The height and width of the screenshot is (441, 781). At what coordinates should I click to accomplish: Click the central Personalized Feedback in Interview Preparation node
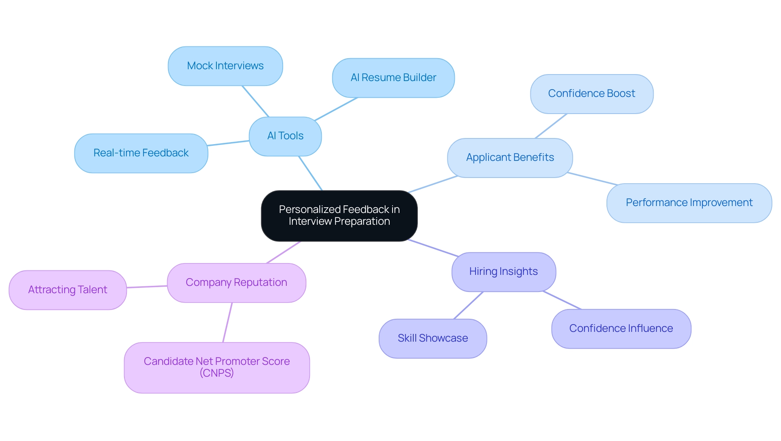339,215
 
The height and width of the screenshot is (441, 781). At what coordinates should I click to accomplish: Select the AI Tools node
285,136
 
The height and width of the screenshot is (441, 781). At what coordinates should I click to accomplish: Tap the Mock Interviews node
225,66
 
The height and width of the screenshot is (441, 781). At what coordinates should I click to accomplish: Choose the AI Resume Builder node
393,78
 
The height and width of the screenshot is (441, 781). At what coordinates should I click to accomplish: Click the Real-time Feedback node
141,153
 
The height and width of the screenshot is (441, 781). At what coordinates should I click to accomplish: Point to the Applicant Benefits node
510,158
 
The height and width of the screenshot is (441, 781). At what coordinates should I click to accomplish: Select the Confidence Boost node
591,94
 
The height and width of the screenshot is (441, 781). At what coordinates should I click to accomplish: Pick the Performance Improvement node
689,203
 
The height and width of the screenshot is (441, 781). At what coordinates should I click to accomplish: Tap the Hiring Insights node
504,272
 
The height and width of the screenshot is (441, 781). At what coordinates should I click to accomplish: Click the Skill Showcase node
433,338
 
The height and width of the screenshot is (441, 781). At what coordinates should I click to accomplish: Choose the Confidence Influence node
621,329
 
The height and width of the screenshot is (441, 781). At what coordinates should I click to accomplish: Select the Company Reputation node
236,283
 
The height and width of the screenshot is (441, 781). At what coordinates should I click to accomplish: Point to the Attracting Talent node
68,290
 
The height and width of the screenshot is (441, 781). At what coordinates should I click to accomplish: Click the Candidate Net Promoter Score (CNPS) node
217,367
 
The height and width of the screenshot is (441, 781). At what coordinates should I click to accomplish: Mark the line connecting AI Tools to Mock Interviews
255,101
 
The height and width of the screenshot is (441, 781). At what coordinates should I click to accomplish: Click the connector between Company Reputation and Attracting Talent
147,287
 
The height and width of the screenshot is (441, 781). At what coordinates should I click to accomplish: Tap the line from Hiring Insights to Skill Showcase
469,305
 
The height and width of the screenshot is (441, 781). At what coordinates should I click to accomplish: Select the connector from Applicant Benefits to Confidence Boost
551,126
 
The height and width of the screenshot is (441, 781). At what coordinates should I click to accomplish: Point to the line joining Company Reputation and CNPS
227,323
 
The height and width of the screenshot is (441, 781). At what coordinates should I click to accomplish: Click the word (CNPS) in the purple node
217,373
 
